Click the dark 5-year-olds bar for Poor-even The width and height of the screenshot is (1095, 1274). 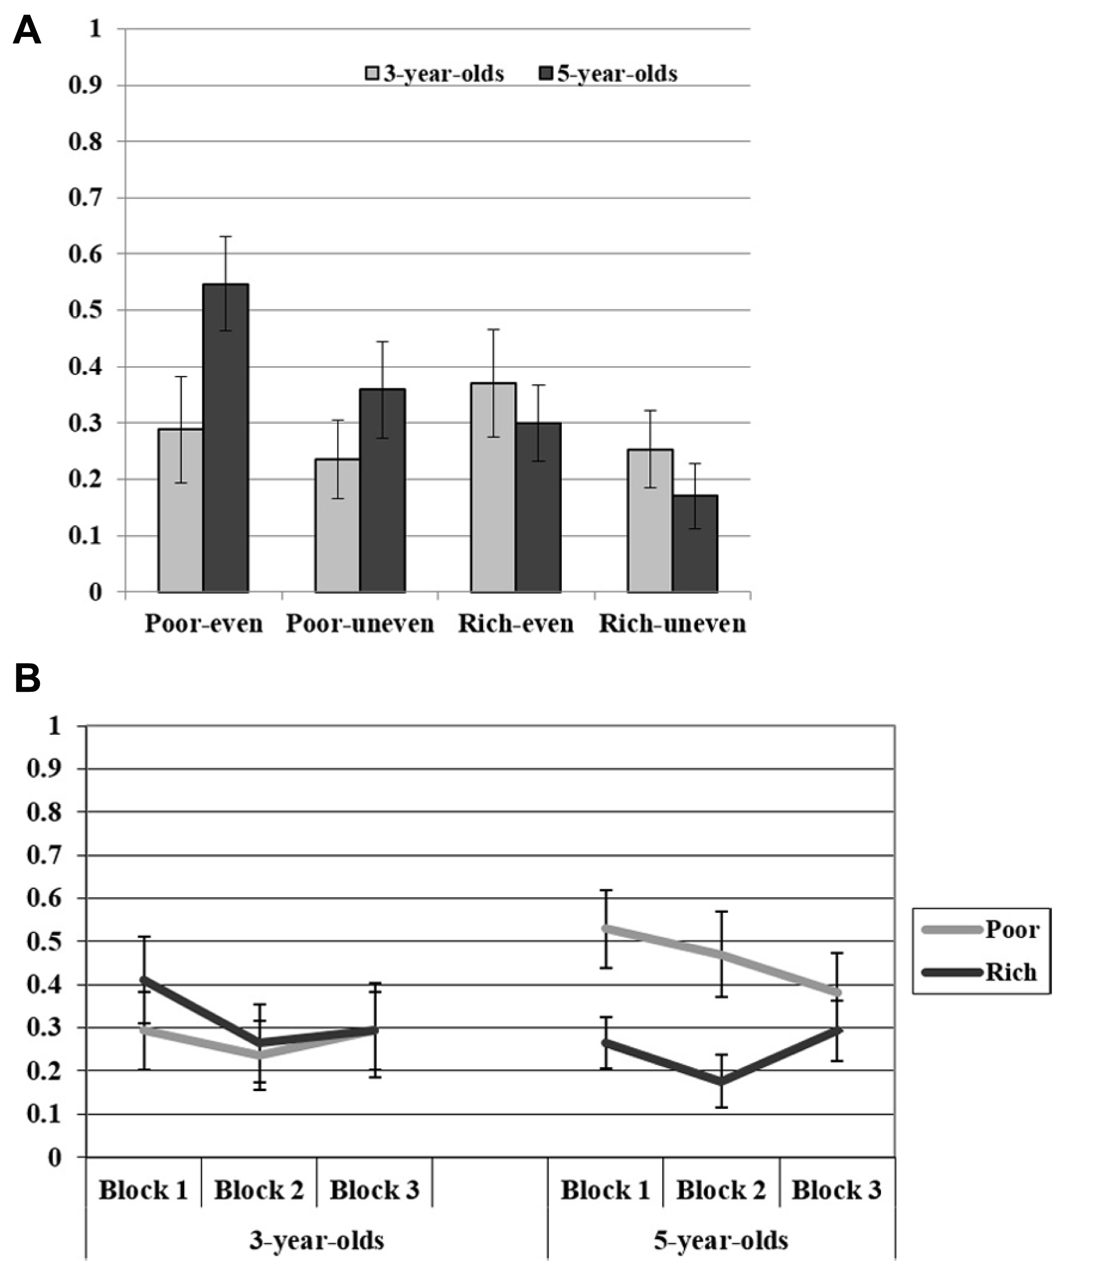pos(225,438)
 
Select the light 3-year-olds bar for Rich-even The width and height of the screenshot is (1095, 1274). pos(493,487)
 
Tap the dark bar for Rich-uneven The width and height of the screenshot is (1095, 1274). pos(694,544)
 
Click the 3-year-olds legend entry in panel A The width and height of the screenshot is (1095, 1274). pos(435,74)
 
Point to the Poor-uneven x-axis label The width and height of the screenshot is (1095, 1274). pos(360,624)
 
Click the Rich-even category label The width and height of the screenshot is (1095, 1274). pos(516,624)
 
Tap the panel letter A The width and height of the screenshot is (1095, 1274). pos(27,31)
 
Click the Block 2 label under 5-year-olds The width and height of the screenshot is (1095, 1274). pos(721,1190)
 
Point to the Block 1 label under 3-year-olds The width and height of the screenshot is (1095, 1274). pos(143,1190)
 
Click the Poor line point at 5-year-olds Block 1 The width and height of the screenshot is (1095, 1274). pos(606,928)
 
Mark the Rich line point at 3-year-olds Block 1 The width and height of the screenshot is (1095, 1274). pos(144,979)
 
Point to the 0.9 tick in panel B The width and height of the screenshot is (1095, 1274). pos(44,769)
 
